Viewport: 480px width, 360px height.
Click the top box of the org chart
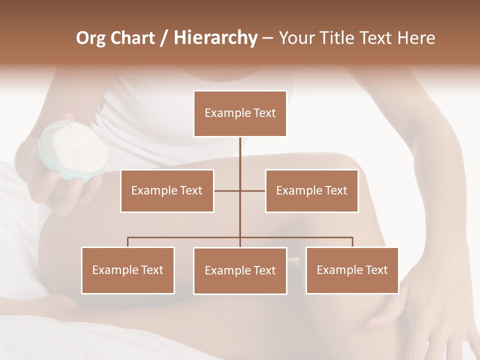click(x=240, y=113)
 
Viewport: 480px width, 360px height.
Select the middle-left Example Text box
click(x=167, y=190)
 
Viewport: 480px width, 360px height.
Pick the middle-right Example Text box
click(x=311, y=190)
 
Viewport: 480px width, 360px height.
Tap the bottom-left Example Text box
click(x=128, y=270)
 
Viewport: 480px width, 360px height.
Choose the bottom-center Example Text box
click(x=240, y=270)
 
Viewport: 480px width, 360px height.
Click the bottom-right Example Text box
click(x=352, y=270)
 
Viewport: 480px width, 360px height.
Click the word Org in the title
click(x=90, y=38)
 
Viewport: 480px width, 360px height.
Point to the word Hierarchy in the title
click(x=215, y=38)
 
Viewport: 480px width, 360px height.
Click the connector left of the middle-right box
click(x=253, y=190)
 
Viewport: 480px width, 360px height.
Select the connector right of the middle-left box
click(x=227, y=190)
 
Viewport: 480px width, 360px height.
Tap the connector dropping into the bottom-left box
click(x=128, y=242)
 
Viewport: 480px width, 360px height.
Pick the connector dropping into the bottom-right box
click(x=352, y=242)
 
